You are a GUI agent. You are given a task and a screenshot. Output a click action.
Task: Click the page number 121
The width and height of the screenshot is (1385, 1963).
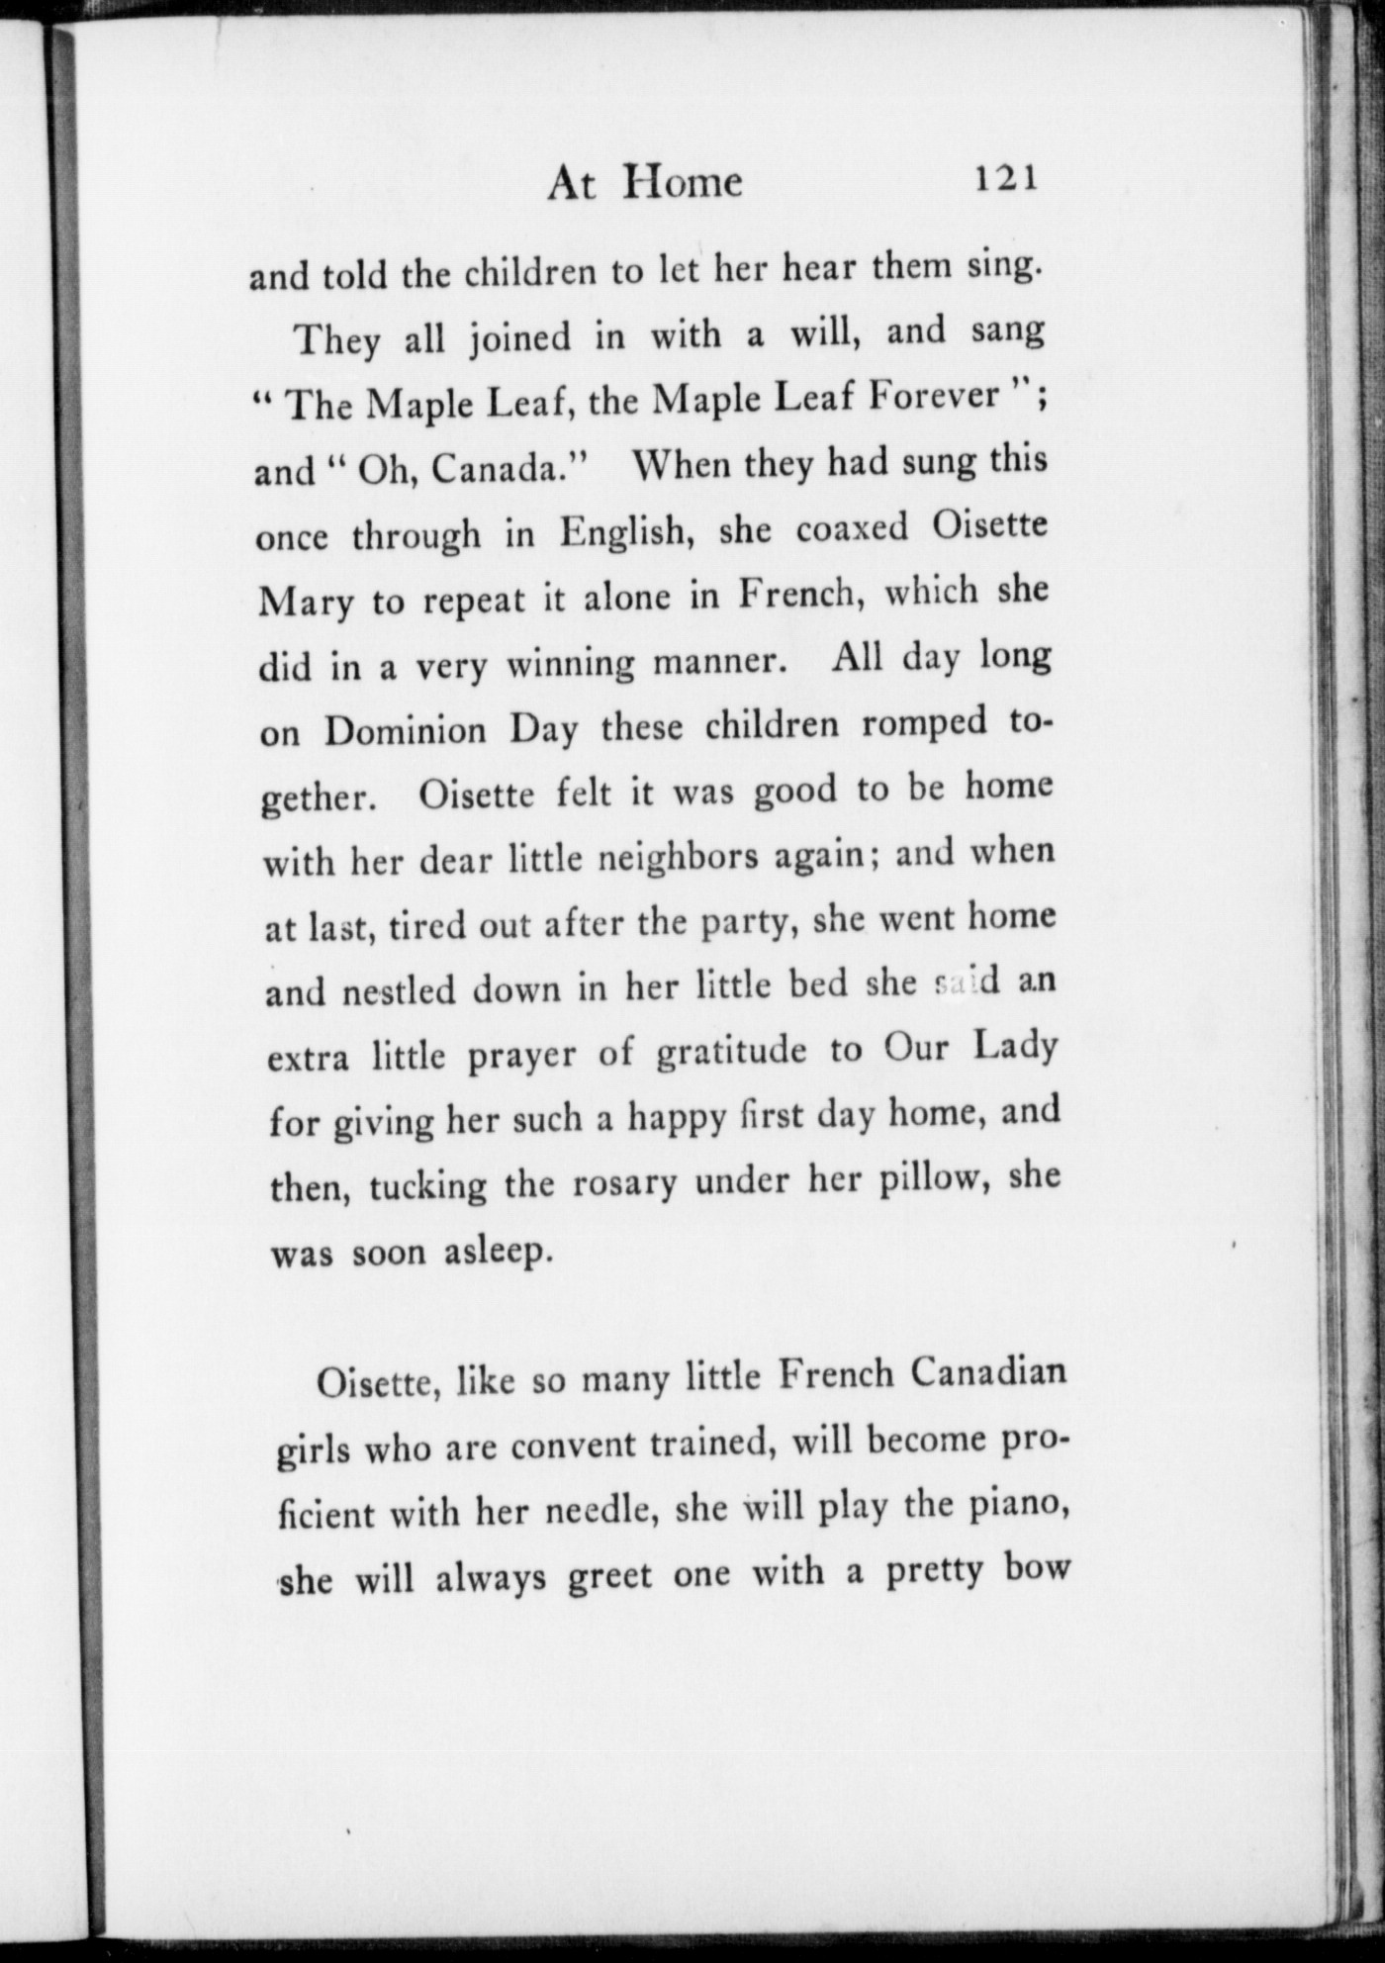click(1006, 179)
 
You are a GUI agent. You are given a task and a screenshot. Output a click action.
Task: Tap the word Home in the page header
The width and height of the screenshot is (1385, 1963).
click(684, 182)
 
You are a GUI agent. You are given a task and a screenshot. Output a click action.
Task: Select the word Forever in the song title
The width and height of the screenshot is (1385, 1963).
click(935, 397)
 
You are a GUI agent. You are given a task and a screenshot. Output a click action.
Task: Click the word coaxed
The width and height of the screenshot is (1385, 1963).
click(852, 529)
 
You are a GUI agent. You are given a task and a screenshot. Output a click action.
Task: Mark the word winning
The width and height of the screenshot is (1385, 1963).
click(570, 664)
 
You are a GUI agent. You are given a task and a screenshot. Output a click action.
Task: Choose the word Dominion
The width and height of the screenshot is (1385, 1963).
click(406, 731)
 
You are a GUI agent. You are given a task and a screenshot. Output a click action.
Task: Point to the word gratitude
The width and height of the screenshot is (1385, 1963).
click(731, 1051)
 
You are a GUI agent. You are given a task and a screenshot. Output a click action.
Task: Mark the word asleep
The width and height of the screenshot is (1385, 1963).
click(495, 1253)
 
